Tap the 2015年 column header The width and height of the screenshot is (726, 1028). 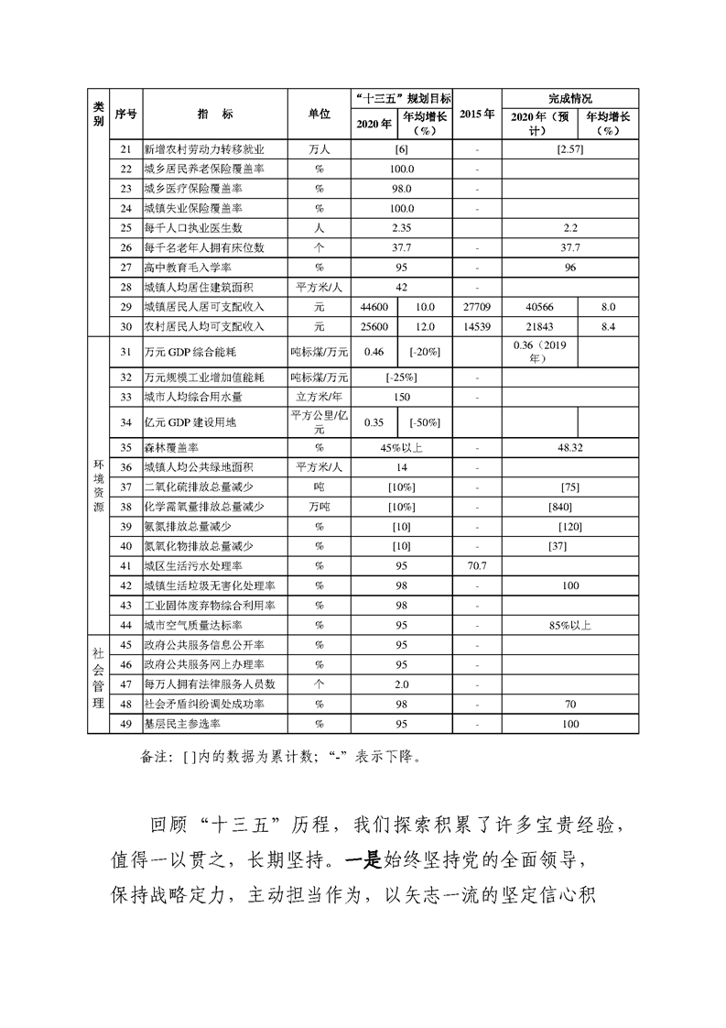pos(476,114)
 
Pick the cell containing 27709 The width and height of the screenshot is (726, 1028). pos(476,307)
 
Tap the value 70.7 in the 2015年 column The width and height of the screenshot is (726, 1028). pos(476,565)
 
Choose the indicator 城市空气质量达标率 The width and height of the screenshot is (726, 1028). pos(192,625)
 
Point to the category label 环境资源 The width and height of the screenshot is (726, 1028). pos(99,486)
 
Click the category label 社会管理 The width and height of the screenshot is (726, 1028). pos(99,684)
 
